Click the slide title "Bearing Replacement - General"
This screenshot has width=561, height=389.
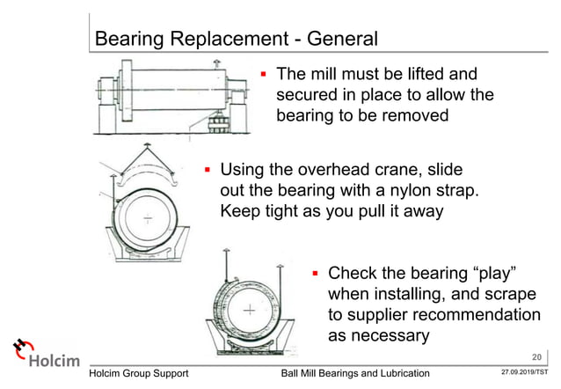(x=236, y=39)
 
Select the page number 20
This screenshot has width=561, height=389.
(x=537, y=356)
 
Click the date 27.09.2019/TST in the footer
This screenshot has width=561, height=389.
(x=525, y=375)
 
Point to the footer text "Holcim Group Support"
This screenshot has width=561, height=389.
(x=146, y=375)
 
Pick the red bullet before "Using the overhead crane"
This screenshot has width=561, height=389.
(x=208, y=168)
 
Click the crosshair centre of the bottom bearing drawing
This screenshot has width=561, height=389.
(x=251, y=310)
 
